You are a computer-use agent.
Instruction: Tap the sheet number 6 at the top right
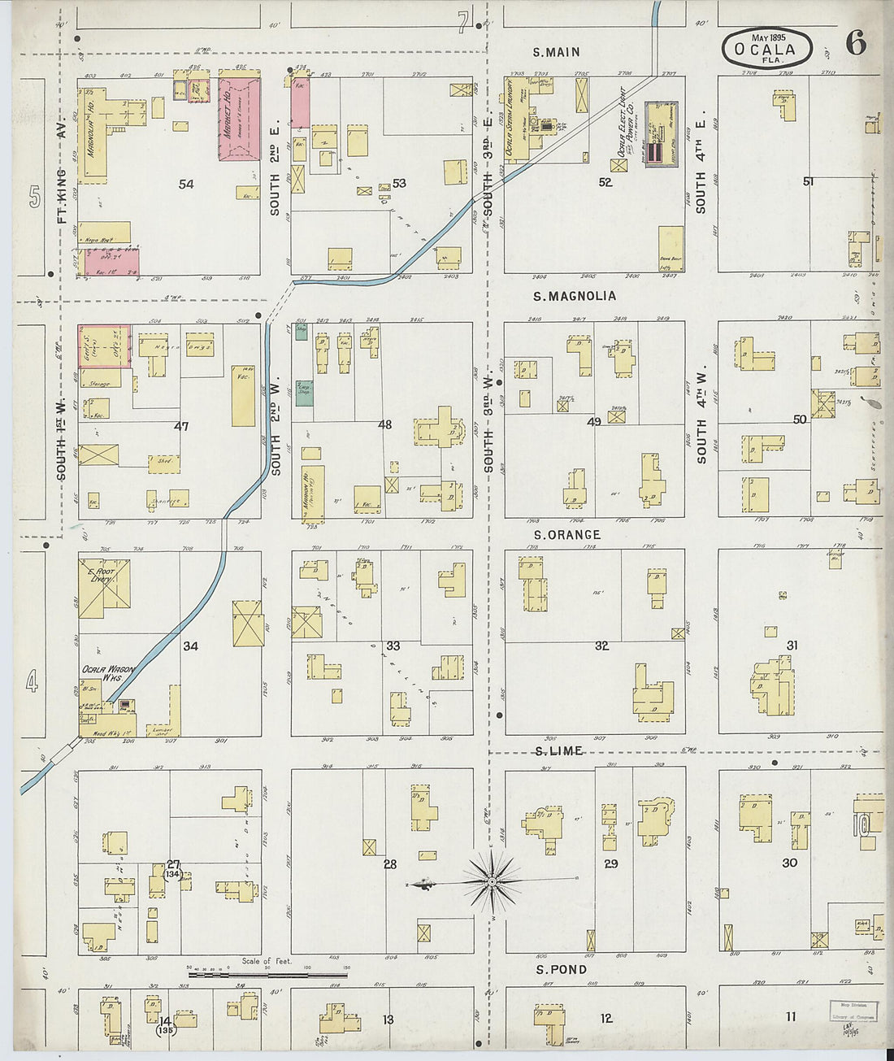click(855, 44)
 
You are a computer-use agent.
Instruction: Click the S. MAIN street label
click(556, 52)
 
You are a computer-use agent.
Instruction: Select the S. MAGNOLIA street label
click(575, 296)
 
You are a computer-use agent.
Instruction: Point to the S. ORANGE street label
click(566, 534)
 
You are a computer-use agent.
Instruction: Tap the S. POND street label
click(561, 969)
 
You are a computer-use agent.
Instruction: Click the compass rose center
click(492, 881)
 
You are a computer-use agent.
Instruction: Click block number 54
click(186, 185)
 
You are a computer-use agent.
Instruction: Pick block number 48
click(384, 424)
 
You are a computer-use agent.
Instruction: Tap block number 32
click(601, 646)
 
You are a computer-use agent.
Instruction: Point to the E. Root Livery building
click(104, 585)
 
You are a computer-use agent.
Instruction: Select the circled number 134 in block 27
click(173, 876)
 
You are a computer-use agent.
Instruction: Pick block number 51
click(807, 181)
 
